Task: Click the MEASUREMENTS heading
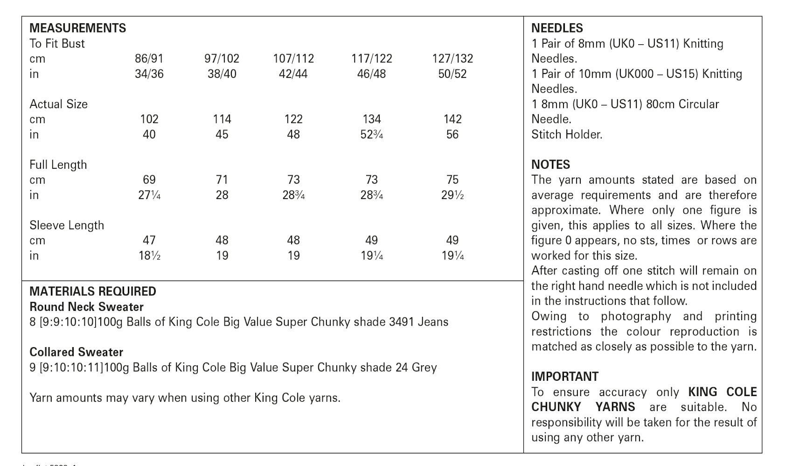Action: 77,28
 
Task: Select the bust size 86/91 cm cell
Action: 149,59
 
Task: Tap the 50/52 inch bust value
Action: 452,74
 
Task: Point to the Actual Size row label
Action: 58,104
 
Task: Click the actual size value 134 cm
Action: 371,119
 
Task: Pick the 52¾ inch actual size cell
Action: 371,135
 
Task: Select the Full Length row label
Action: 58,164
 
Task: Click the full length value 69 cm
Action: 149,180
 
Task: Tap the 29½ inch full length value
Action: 452,195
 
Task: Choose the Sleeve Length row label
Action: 67,225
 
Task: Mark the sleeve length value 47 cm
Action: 149,240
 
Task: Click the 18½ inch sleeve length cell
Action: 149,256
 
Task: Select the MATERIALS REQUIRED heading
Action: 92,292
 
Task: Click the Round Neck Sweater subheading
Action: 86,307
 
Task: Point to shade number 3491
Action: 401,322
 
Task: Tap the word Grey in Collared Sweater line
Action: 424,368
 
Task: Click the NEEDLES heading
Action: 557,28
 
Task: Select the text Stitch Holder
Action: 567,135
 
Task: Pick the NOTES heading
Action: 550,164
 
